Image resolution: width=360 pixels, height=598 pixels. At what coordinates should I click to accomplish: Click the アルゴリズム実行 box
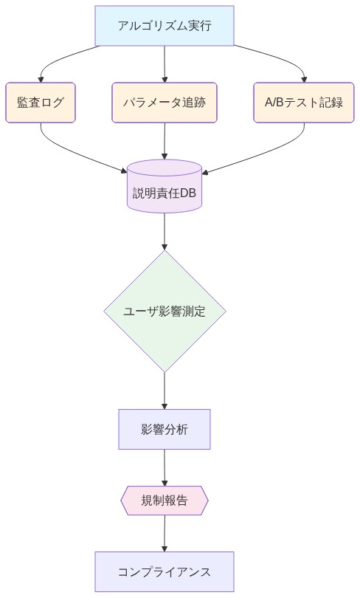coord(165,26)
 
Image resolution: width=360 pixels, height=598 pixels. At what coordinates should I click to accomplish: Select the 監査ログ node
coord(41,102)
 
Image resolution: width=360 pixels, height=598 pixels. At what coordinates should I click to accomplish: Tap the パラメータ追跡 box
coord(165,102)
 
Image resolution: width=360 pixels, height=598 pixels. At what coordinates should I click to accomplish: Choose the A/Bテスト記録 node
coord(304,102)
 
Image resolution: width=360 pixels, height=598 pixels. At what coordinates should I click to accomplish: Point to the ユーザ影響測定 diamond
coord(165,311)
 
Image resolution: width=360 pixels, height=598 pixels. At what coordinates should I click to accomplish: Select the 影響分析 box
coord(165,429)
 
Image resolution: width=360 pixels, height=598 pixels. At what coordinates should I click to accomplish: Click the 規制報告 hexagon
coord(165,501)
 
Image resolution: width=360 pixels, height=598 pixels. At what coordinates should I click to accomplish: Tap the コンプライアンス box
coord(165,571)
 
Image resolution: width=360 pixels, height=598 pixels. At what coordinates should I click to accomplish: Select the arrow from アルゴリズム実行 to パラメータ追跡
coord(165,63)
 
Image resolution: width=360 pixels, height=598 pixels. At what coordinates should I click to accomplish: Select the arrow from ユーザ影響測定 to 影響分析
coord(165,390)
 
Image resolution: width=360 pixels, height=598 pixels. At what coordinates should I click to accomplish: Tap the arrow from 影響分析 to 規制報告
coord(165,467)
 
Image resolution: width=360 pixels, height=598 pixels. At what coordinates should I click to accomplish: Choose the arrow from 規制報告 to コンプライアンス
coord(165,533)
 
